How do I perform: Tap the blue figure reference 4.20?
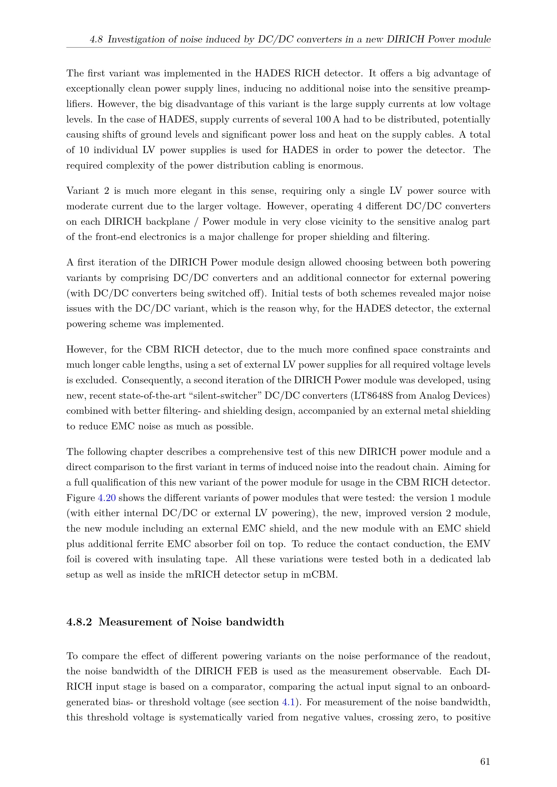[x=107, y=498]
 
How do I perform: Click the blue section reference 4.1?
[x=288, y=702]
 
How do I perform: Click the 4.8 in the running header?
[x=96, y=39]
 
